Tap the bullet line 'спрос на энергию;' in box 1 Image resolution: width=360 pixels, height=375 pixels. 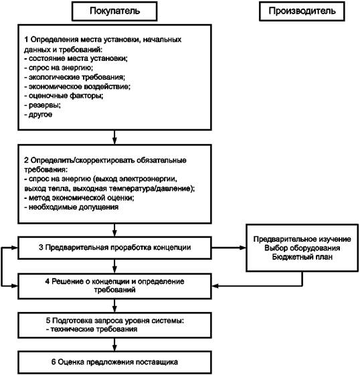[x=59, y=68]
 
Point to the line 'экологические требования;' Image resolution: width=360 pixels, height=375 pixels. [x=74, y=77]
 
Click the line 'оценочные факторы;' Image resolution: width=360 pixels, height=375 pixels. [x=64, y=96]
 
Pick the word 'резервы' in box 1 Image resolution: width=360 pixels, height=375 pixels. [x=44, y=105]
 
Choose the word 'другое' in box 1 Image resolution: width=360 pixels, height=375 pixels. [x=40, y=115]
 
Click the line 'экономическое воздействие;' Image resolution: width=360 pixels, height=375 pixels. [x=77, y=86]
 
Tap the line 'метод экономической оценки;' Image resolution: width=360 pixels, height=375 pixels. [x=79, y=198]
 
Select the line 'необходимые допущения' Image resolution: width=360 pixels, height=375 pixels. [x=71, y=207]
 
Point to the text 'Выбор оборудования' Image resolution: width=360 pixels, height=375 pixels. [x=302, y=248]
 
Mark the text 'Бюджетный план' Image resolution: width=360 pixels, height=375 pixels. [x=302, y=257]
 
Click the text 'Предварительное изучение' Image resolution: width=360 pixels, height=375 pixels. [x=302, y=239]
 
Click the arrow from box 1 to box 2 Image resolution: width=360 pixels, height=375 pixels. [x=114, y=137]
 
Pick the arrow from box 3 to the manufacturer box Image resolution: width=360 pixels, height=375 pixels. [x=229, y=248]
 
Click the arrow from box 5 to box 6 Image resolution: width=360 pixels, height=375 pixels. [x=114, y=345]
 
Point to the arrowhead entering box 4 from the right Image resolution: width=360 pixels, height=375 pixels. [x=215, y=286]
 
